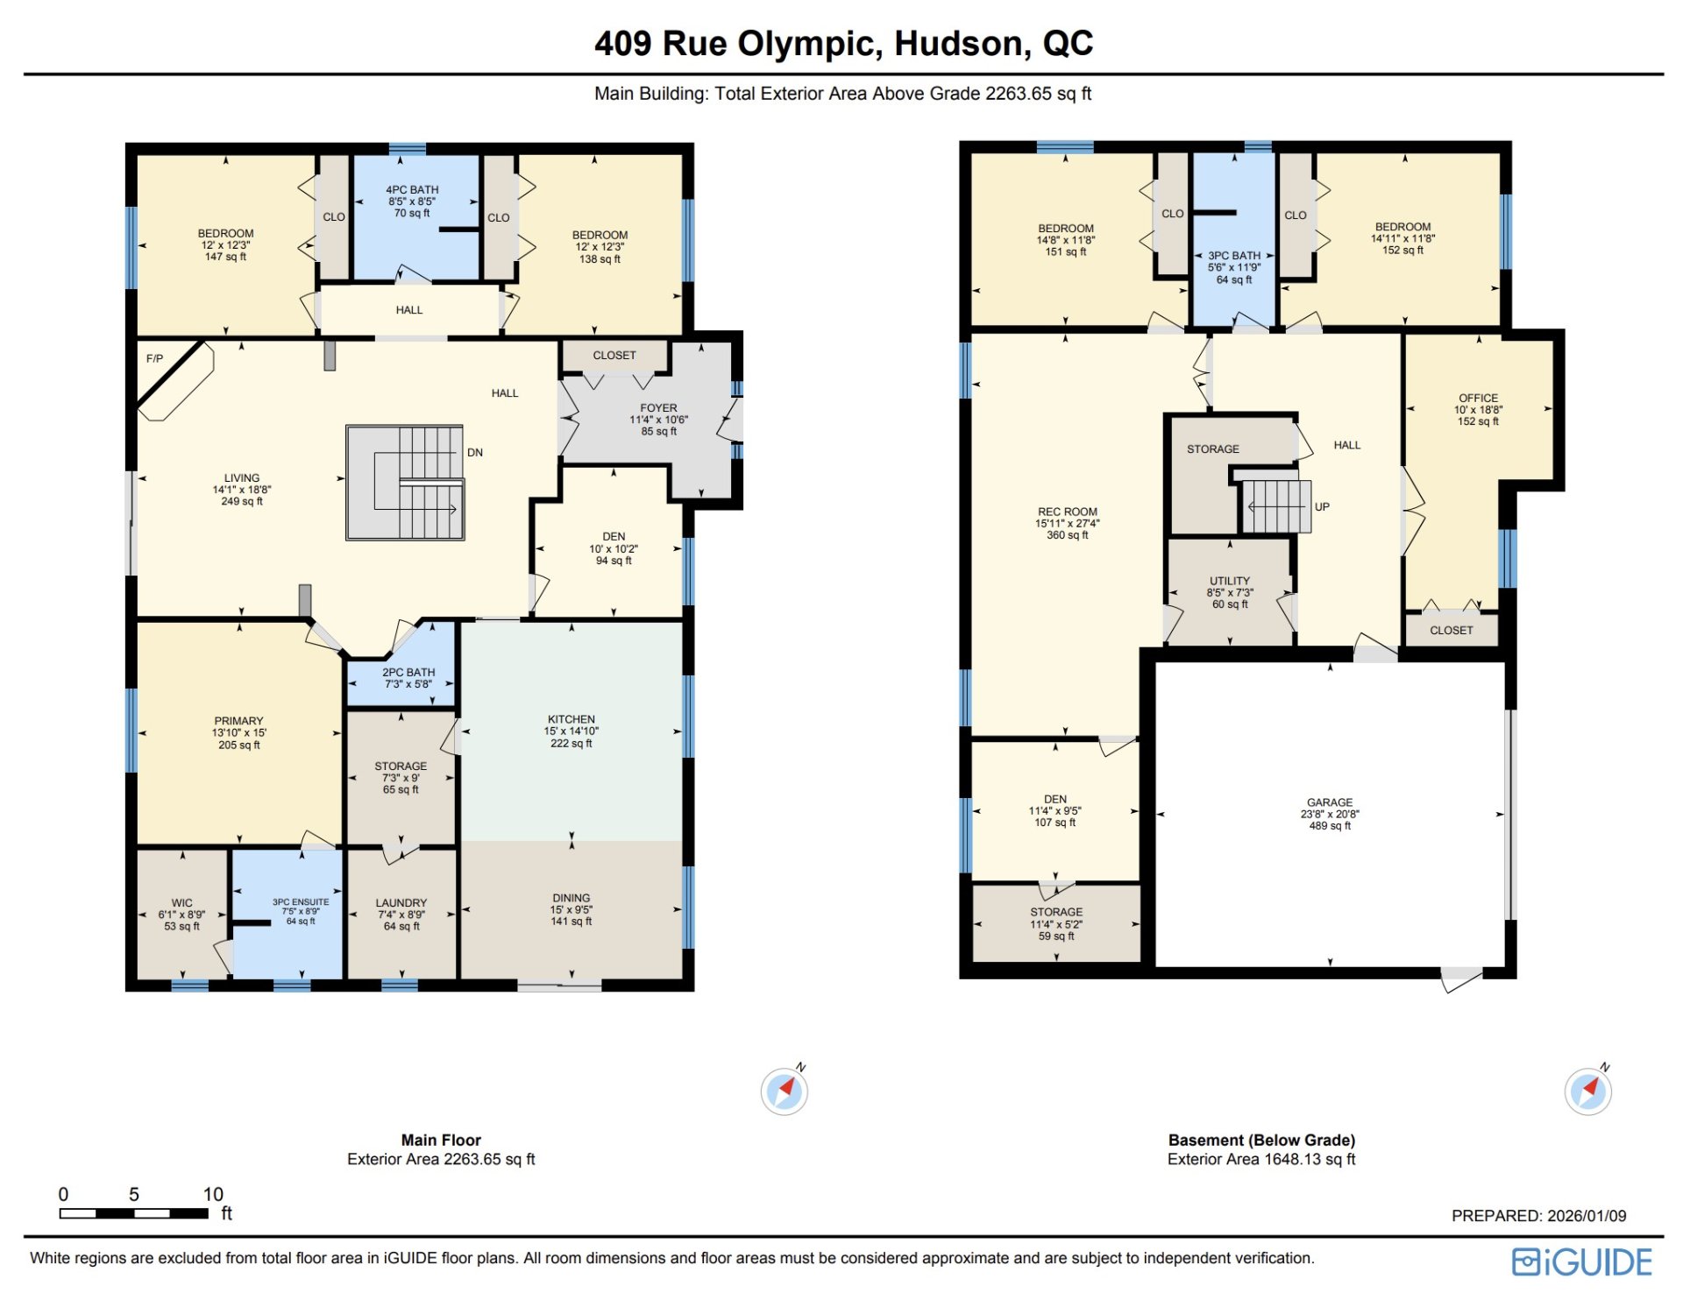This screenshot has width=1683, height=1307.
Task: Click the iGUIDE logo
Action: pos(1581,1261)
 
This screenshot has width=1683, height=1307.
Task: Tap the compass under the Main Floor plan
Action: pos(785,1091)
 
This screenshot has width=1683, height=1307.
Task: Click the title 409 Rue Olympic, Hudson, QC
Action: pos(843,43)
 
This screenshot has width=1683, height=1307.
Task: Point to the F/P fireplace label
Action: pos(154,358)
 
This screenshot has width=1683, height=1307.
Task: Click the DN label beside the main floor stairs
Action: pos(475,453)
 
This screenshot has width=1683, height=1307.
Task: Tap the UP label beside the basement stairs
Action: pos(1322,507)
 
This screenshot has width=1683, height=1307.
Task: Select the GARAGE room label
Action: pos(1330,802)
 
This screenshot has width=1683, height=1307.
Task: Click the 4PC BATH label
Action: pos(412,189)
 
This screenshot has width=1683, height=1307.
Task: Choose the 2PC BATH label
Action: pos(408,672)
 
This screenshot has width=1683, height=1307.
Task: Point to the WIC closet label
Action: pos(181,903)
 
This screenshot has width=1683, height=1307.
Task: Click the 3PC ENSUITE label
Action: pos(301,902)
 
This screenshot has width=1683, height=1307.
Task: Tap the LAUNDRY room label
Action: pos(401,903)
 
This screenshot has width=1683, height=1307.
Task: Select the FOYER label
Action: pos(658,408)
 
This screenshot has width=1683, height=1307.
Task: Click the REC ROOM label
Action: pos(1067,512)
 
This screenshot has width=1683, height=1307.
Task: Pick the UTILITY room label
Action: pos(1230,581)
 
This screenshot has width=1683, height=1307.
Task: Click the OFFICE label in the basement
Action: pos(1478,398)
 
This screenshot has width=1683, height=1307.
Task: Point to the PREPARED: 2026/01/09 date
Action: pos(1538,1216)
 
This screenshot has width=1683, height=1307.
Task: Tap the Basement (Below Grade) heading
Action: pos(1261,1140)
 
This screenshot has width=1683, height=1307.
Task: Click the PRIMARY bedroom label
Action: pos(238,721)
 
